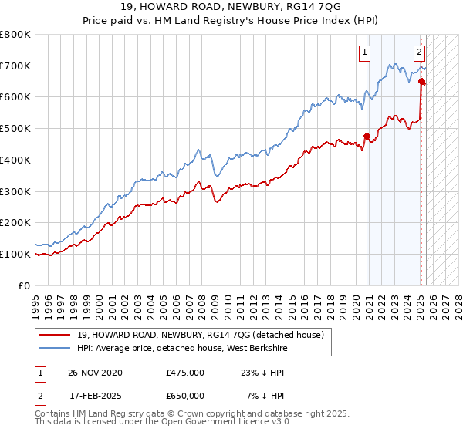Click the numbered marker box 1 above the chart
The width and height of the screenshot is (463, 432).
coord(363,53)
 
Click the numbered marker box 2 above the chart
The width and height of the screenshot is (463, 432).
coord(418,53)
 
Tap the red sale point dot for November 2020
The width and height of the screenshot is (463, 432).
coord(367,137)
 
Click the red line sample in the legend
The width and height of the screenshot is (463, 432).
coord(55,334)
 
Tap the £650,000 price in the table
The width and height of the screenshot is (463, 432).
coord(185,396)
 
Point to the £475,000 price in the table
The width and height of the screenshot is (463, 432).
coord(185,373)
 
